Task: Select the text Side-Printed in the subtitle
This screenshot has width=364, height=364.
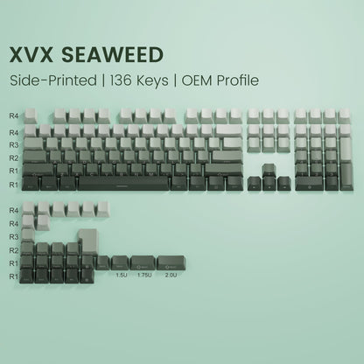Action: (53, 80)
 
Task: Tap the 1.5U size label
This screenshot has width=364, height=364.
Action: (120, 276)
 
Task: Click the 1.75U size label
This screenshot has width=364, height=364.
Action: (142, 276)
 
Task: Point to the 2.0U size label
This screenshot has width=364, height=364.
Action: (166, 276)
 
